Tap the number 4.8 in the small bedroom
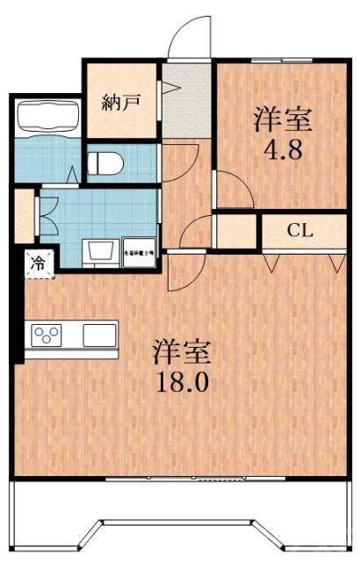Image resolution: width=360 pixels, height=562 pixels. tap(283, 147)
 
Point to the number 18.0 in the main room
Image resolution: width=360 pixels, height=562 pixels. tap(184, 382)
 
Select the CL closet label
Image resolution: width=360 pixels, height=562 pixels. tap(300, 231)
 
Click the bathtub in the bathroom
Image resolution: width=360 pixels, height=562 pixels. tap(47, 117)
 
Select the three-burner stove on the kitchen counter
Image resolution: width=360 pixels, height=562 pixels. tap(47, 335)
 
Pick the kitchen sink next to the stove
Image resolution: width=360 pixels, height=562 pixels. tap(99, 335)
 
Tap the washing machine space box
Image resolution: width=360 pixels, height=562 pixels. tap(138, 251)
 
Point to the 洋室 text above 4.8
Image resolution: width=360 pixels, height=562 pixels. tap(283, 119)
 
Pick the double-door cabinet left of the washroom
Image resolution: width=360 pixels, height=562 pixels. tap(25, 213)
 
